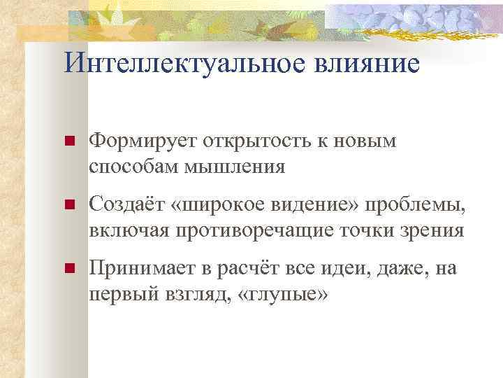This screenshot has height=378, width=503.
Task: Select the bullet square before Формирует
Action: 69,142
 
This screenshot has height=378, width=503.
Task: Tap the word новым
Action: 372,142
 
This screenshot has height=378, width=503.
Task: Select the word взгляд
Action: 196,295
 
